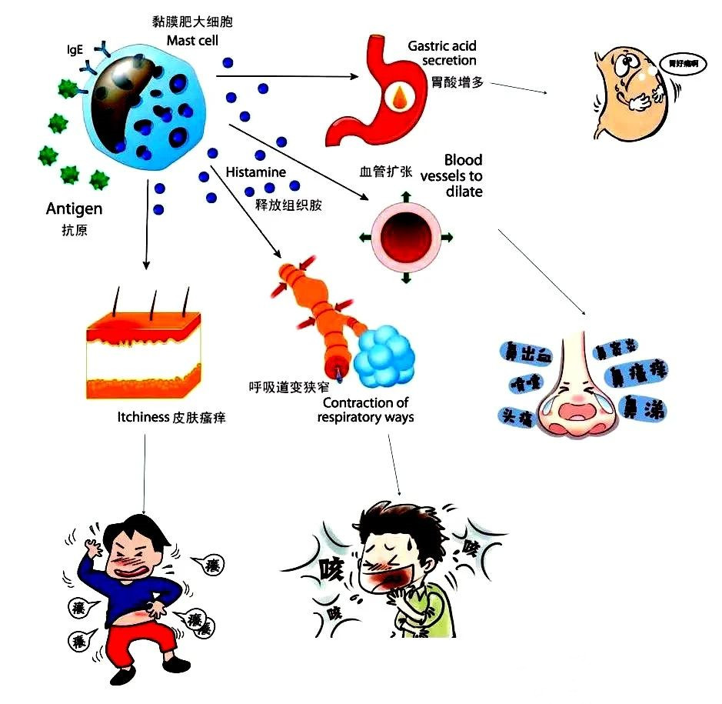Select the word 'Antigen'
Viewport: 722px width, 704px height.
(74, 209)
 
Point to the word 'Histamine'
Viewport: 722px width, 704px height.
(255, 172)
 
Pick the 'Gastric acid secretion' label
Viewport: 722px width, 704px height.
(442, 53)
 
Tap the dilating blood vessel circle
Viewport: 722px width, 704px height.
(405, 235)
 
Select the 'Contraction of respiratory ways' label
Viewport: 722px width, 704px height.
(366, 410)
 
